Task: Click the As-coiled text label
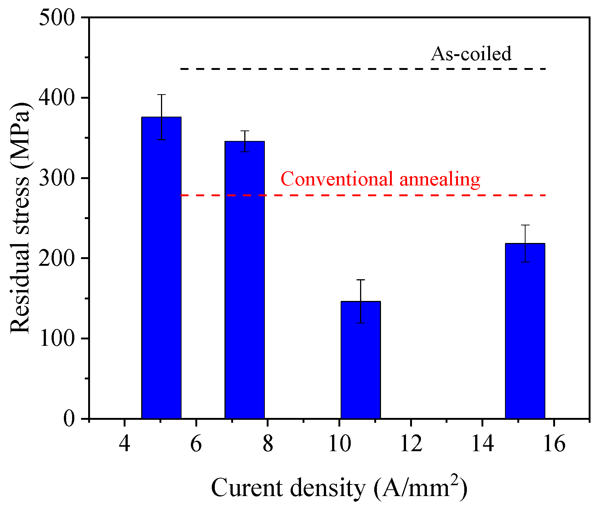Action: coord(471,54)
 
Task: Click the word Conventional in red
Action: coord(337,179)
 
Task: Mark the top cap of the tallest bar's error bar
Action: coord(161,95)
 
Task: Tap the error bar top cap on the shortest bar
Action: coord(361,280)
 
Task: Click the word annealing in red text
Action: coord(440,180)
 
